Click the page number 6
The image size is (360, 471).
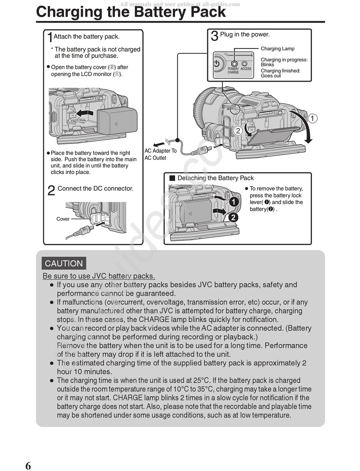coord(28,465)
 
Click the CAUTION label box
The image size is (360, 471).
coord(64,264)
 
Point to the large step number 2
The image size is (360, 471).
coord(51,190)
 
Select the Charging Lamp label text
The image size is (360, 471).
coord(277,48)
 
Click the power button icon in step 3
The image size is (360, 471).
coord(217,64)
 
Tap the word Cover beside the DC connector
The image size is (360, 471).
coord(63,219)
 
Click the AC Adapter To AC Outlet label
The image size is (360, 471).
coord(161,154)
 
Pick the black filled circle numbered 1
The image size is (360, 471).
coord(234,202)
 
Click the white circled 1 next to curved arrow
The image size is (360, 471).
coord(312,119)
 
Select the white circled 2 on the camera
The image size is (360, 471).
coord(238,131)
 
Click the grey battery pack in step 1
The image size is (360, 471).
coord(117,120)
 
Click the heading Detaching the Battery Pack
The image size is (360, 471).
coord(215,178)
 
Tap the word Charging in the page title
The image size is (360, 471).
coord(65,12)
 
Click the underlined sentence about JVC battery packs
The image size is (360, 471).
coord(99,276)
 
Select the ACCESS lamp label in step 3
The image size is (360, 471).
coord(246,69)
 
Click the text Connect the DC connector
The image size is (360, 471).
coord(95,189)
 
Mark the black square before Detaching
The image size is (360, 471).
coord(172,178)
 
